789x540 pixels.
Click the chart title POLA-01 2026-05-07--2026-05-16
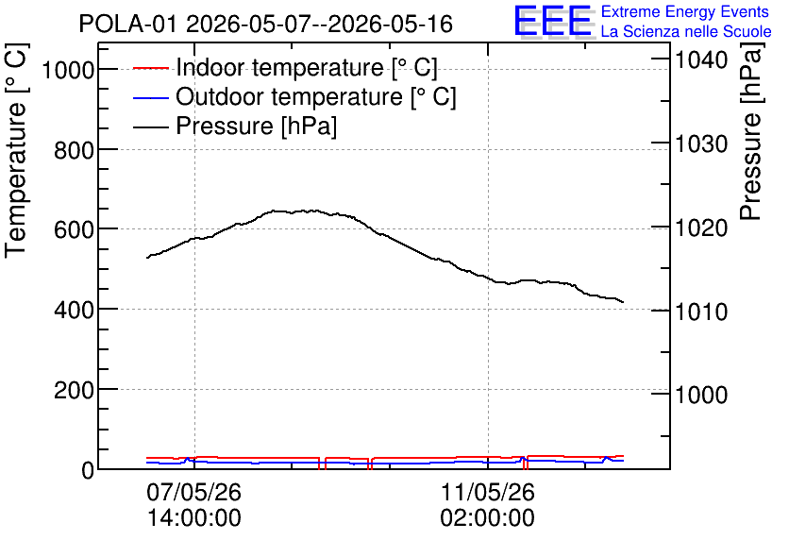click(266, 24)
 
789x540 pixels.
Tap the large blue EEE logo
click(553, 21)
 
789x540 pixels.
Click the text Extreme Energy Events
click(685, 11)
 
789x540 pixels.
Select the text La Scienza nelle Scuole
click(686, 32)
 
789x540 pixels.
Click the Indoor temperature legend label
click(307, 67)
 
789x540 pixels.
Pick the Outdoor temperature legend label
click(316, 96)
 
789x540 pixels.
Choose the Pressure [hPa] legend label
click(256, 126)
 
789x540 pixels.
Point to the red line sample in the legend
click(150, 68)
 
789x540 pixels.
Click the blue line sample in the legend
click(150, 97)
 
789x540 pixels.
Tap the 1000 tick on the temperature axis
click(68, 70)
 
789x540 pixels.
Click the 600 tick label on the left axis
click(74, 230)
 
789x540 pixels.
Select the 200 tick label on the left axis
click(74, 390)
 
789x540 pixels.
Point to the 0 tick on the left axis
click(88, 470)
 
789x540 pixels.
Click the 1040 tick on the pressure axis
click(701, 60)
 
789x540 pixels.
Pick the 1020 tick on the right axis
click(701, 228)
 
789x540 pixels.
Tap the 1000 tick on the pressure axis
click(701, 395)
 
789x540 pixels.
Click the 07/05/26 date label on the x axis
click(194, 492)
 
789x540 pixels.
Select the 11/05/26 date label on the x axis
click(488, 492)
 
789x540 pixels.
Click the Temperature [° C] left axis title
click(16, 151)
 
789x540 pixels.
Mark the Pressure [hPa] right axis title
click(750, 132)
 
